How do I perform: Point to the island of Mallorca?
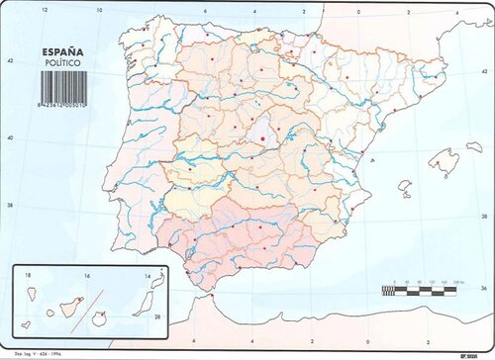click(x=443, y=159)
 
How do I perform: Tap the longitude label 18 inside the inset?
click(x=28, y=275)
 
